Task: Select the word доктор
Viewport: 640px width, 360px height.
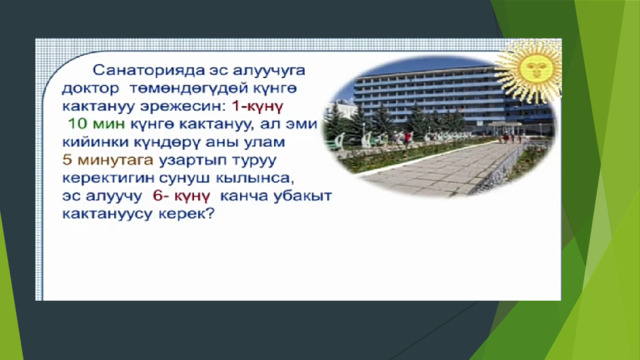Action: click(x=91, y=88)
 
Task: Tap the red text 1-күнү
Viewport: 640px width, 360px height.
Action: click(x=257, y=106)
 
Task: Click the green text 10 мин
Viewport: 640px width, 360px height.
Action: click(x=96, y=124)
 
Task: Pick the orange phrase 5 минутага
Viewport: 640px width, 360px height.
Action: click(x=108, y=160)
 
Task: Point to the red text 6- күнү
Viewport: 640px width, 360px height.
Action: click(x=181, y=196)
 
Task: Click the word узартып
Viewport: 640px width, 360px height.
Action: click(x=192, y=160)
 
